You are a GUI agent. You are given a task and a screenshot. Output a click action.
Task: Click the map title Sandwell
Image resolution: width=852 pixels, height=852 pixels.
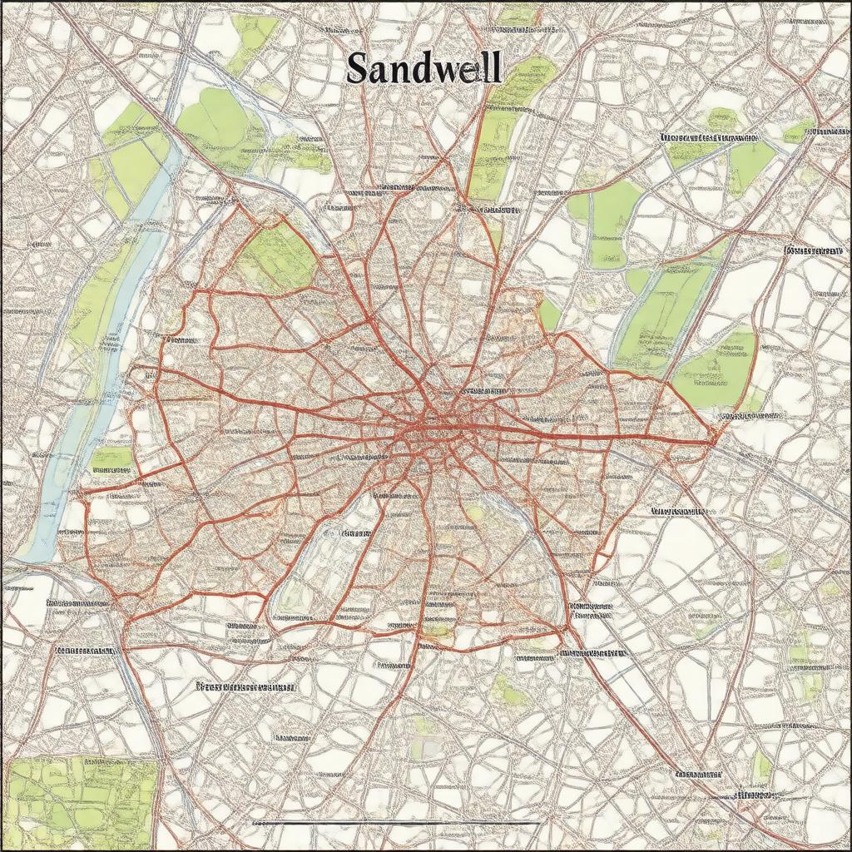click(424, 68)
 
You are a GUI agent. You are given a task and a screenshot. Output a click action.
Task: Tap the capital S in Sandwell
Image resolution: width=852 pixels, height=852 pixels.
click(356, 69)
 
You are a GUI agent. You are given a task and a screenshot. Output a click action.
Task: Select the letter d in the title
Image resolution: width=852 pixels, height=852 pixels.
click(420, 68)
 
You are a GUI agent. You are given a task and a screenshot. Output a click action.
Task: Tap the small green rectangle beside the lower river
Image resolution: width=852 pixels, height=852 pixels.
click(111, 457)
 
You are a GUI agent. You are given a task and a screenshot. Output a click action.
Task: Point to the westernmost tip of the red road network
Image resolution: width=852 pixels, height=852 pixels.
click(81, 493)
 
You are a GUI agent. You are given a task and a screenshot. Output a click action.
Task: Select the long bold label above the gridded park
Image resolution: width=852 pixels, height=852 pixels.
click(245, 687)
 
